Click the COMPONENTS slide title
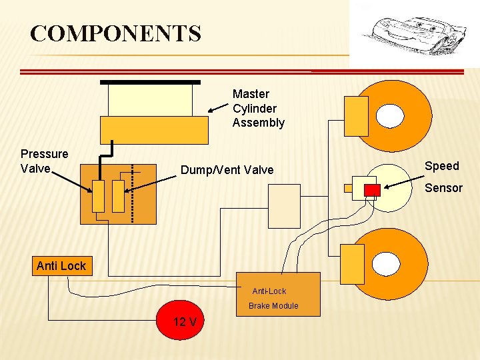click(x=116, y=33)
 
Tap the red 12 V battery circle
click(x=180, y=320)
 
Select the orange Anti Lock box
click(x=62, y=266)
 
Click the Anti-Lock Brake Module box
click(x=278, y=294)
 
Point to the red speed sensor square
click(x=372, y=190)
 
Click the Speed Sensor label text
click(x=443, y=177)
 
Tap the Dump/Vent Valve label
click(x=227, y=170)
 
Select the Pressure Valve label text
click(x=45, y=161)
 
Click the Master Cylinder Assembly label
click(x=259, y=109)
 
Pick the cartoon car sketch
click(x=415, y=36)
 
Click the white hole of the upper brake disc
click(x=390, y=116)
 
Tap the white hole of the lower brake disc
click(x=386, y=264)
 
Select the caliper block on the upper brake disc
click(x=356, y=116)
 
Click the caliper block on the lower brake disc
click(x=353, y=264)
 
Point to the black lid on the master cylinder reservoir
click(x=150, y=83)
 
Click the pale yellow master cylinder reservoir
click(x=150, y=101)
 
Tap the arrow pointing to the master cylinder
click(x=218, y=108)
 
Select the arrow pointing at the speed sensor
click(x=404, y=182)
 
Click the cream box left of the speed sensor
click(x=285, y=206)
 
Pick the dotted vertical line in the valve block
click(x=132, y=194)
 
